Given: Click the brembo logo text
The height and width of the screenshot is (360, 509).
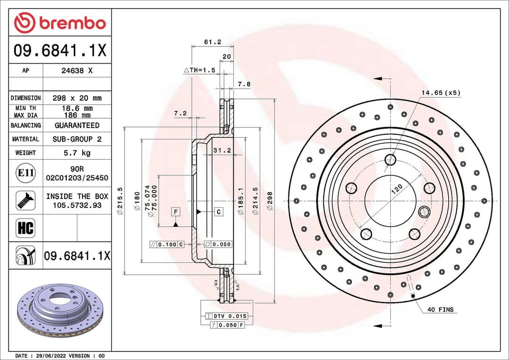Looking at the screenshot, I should tap(72, 23).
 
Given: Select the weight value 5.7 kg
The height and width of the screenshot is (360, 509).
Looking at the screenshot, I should tap(77, 153).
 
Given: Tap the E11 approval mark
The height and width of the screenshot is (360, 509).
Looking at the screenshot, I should tap(25, 173).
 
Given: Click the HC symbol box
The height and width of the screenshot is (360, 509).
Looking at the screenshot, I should tap(25, 229).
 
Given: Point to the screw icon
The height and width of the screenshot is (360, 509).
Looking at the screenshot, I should tap(25, 200).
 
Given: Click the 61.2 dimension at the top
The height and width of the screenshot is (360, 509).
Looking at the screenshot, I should tap(212, 42).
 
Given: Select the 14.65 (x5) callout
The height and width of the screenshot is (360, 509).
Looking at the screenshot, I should tap(441, 93).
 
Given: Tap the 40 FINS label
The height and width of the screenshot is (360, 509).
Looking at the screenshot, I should tap(440, 310).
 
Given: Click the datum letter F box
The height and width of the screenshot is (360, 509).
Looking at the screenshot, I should tap(176, 212).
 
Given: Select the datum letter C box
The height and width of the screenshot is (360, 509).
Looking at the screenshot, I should tap(219, 212).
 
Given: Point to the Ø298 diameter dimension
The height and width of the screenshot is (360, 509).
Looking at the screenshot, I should tap(270, 201).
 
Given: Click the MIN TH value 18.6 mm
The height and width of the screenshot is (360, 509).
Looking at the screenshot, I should tap(77, 108).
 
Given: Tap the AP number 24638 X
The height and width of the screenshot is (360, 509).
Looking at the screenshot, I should tap(77, 71).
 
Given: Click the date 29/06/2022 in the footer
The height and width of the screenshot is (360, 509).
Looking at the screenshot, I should tap(49, 355).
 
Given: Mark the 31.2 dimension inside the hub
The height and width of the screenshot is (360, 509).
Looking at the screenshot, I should tap(222, 150).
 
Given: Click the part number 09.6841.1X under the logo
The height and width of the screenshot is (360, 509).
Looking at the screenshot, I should tap(60, 51).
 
